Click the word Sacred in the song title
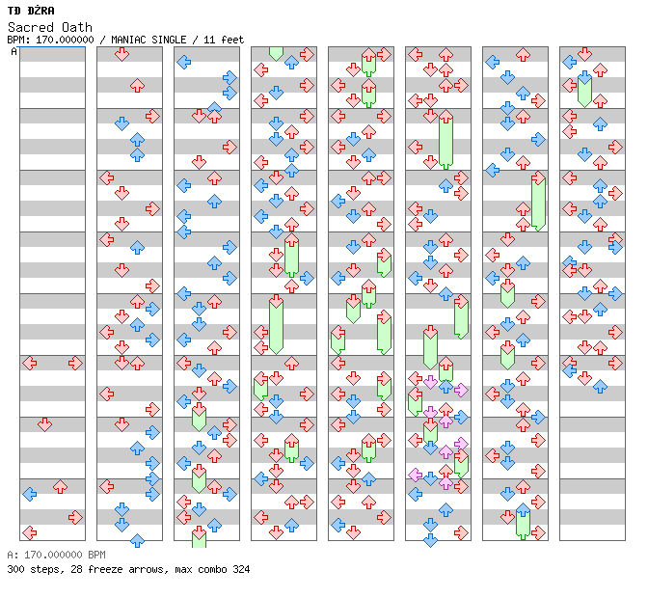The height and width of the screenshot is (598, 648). pyautogui.click(x=31, y=27)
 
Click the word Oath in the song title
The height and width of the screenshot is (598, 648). pyautogui.click(x=77, y=27)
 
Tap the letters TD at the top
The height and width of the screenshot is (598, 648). pyautogui.click(x=14, y=11)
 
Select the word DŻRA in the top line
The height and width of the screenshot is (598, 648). pyautogui.click(x=41, y=11)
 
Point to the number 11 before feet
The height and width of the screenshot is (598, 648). pyautogui.click(x=209, y=40)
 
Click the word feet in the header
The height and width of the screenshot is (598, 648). pyautogui.click(x=232, y=40)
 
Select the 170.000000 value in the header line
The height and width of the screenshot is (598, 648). pyautogui.click(x=65, y=40)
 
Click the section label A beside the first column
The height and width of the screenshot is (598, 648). pyautogui.click(x=13, y=51)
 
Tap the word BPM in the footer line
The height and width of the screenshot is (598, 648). pyautogui.click(x=96, y=555)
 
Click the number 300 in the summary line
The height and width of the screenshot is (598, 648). pyautogui.click(x=15, y=569)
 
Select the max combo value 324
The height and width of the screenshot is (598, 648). pyautogui.click(x=241, y=569)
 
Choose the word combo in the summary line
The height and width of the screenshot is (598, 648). pyautogui.click(x=212, y=569)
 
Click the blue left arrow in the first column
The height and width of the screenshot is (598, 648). pyautogui.click(x=30, y=494)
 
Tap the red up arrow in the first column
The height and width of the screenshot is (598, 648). pyautogui.click(x=61, y=486)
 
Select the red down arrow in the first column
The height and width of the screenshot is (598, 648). pyautogui.click(x=44, y=424)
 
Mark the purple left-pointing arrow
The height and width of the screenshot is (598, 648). pyautogui.click(x=416, y=475)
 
